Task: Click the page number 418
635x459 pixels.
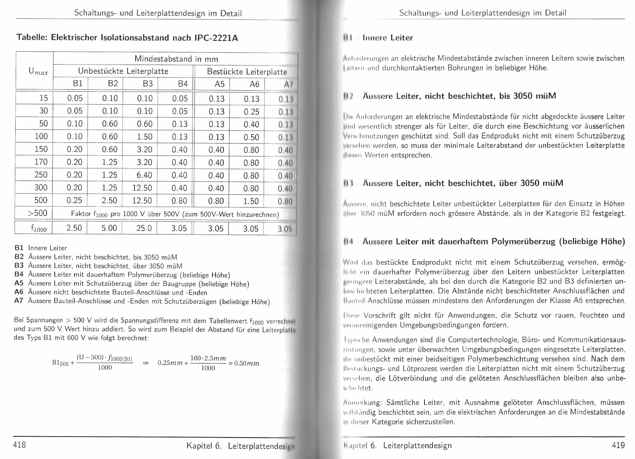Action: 19,444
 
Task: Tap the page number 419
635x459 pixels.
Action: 618,445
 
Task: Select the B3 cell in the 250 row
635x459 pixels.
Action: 144,175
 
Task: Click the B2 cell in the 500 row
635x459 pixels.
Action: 110,200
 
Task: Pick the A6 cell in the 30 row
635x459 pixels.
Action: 251,112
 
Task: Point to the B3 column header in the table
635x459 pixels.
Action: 147,84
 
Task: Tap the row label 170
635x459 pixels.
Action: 41,162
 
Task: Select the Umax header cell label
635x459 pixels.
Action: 38,71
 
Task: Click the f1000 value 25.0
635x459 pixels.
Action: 144,228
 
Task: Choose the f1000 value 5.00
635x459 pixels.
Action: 109,228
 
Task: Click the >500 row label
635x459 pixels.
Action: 37,213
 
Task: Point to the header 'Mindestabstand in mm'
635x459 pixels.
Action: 176,59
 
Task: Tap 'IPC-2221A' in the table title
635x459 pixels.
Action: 216,38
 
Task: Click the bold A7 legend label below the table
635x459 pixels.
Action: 19,301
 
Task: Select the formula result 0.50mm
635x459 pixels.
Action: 243,363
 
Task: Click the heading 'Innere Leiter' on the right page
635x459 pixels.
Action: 387,38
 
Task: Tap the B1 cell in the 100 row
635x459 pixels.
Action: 75,137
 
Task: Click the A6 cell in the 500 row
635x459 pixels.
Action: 251,201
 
